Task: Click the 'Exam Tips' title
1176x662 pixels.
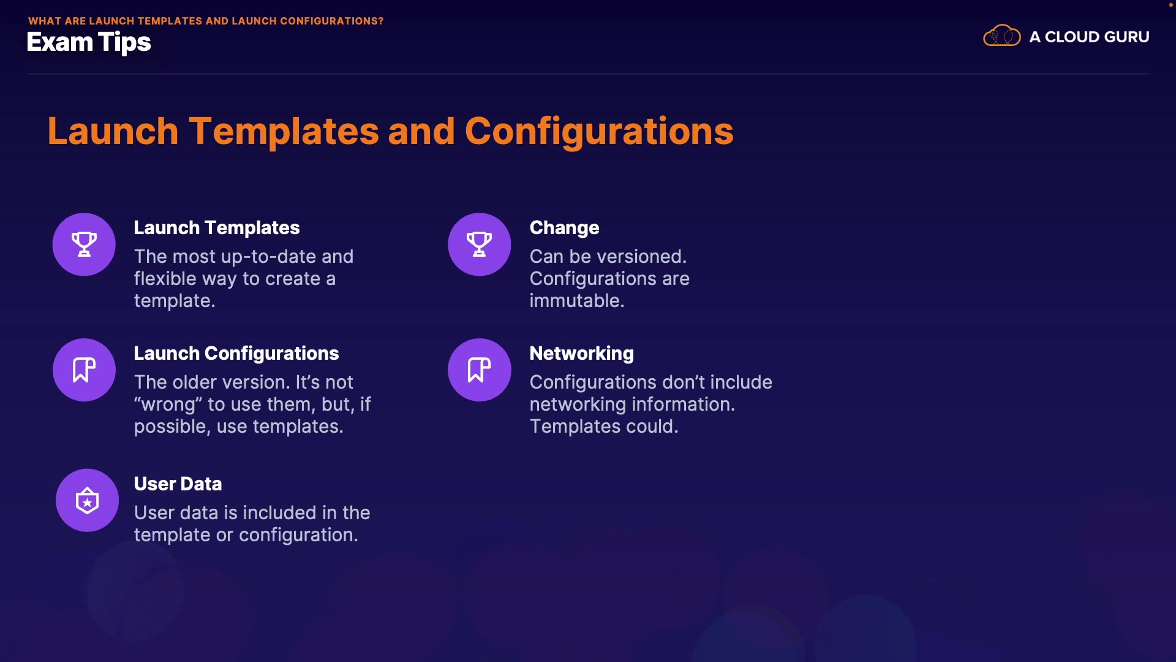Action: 89,43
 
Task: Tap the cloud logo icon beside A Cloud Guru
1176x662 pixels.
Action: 1001,36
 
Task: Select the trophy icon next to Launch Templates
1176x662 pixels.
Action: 84,244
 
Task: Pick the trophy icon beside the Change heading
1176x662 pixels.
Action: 480,244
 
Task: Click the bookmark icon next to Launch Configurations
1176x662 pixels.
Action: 84,370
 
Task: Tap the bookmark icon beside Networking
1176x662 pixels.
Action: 480,370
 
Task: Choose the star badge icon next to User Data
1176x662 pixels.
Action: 87,500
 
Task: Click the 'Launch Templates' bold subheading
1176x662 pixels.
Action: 217,228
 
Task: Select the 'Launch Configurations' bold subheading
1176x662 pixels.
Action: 236,354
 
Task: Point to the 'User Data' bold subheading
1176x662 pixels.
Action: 178,484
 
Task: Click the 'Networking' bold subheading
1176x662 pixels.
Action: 582,354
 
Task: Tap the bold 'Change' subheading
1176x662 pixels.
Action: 565,228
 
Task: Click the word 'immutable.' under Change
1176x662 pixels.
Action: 577,301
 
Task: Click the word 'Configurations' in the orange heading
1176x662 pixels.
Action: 599,131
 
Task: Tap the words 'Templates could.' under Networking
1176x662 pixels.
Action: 604,427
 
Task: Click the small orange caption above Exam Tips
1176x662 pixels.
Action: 206,21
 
